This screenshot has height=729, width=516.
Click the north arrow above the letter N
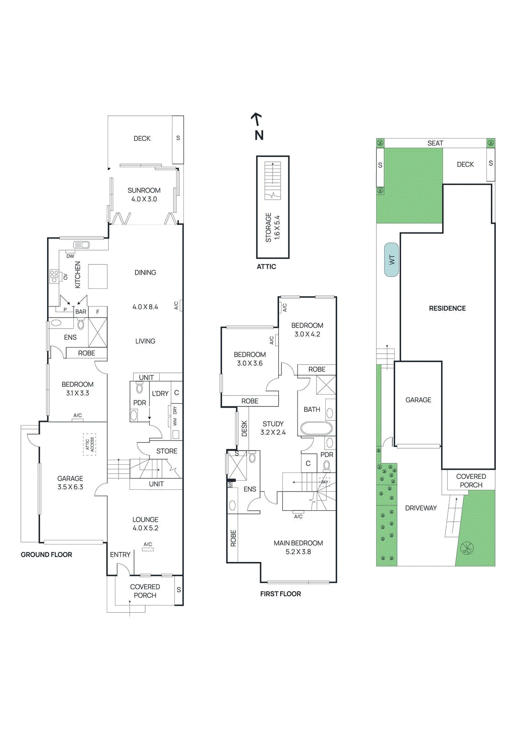(x=257, y=119)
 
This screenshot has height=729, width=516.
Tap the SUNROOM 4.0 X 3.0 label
(x=144, y=195)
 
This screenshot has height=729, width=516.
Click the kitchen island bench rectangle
(x=98, y=276)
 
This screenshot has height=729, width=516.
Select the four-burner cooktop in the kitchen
(x=54, y=276)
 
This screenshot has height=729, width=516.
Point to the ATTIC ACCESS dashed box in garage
(x=89, y=444)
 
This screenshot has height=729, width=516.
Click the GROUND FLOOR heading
(x=47, y=554)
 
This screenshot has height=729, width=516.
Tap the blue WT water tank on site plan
(x=391, y=260)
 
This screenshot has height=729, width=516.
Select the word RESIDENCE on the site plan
(x=447, y=308)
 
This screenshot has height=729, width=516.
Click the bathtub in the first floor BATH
(x=316, y=428)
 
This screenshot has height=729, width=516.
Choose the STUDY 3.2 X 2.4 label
(x=273, y=428)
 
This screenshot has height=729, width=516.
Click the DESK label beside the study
(x=244, y=428)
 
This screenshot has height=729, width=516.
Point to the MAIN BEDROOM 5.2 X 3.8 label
(x=298, y=547)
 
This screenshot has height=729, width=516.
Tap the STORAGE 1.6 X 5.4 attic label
(x=272, y=227)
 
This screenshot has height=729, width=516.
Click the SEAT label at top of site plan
(x=435, y=143)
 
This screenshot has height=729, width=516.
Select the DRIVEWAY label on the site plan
(x=421, y=508)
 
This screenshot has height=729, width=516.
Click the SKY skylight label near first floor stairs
(x=324, y=482)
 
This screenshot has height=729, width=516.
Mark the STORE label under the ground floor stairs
(x=167, y=451)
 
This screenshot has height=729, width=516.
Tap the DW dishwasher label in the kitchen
(x=70, y=256)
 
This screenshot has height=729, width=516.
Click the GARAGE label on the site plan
(x=418, y=400)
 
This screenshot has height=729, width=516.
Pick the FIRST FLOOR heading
(x=280, y=594)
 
